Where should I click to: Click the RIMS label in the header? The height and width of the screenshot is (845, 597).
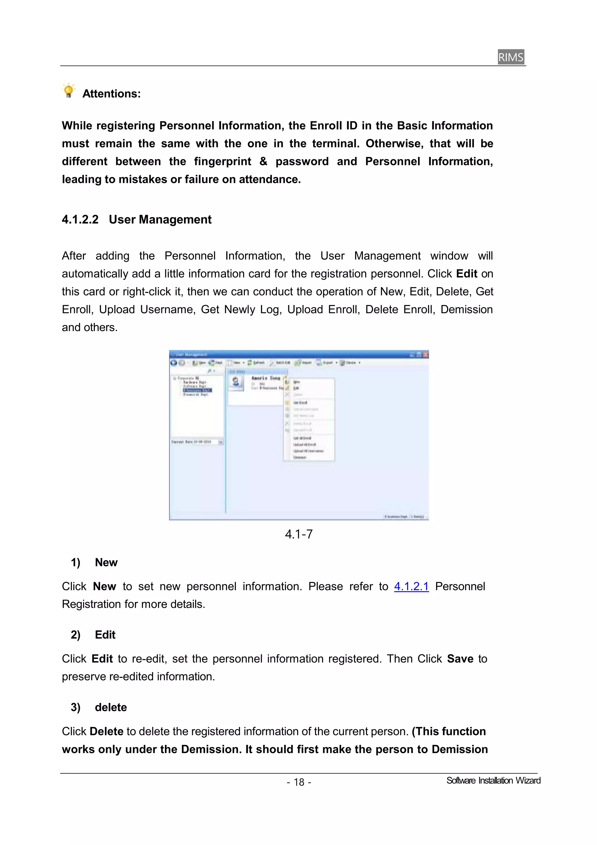510,57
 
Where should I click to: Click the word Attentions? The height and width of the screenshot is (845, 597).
111,94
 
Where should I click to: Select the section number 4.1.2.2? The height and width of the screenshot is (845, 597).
80,220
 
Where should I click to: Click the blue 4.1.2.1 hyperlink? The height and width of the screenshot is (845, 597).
411,586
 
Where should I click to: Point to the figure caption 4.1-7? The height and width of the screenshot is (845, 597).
299,534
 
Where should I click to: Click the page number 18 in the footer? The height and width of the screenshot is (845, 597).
299,782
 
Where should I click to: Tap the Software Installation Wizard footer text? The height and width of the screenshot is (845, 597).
493,781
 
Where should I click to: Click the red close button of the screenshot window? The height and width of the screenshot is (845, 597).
426,354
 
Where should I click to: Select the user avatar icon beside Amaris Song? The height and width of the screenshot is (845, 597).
236,382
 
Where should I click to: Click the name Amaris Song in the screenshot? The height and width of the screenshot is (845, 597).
266,378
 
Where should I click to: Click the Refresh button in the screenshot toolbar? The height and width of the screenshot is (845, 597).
257,363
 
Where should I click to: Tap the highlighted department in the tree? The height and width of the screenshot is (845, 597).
197,390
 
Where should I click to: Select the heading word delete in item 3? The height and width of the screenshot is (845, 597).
111,707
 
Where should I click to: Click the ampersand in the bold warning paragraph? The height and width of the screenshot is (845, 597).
263,161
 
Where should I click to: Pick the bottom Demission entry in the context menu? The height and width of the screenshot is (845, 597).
299,457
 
